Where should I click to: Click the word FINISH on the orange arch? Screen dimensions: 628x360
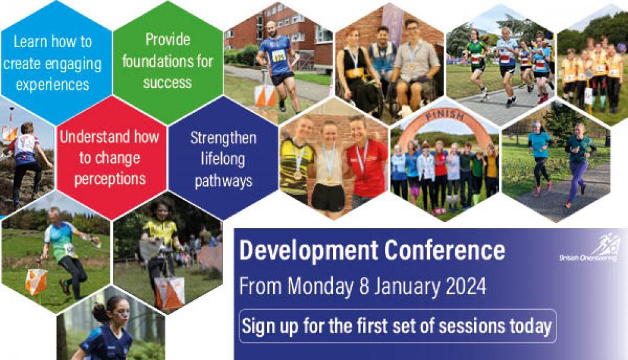pos(445,116)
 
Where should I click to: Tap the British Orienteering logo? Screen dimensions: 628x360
pos(590,248)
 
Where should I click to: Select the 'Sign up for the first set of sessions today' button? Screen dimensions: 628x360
pos(398,326)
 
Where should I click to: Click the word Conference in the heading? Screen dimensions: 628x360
pos(445,250)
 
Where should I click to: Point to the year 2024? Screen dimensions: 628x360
pos(466,286)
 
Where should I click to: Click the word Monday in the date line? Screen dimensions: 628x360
pos(320,287)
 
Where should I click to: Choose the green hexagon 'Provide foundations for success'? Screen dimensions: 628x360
pos(168,62)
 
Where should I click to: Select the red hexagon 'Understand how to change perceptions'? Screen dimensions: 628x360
pos(111,158)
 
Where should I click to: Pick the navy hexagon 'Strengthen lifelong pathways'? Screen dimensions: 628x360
pos(223,158)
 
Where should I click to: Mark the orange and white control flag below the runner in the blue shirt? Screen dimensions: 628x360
pos(265,95)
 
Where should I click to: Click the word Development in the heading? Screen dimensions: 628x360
pos(308,251)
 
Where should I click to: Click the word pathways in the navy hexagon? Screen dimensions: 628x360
pos(224,181)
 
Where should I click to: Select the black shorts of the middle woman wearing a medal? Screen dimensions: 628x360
pos(328,197)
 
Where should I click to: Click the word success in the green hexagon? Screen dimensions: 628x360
pos(168,82)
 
